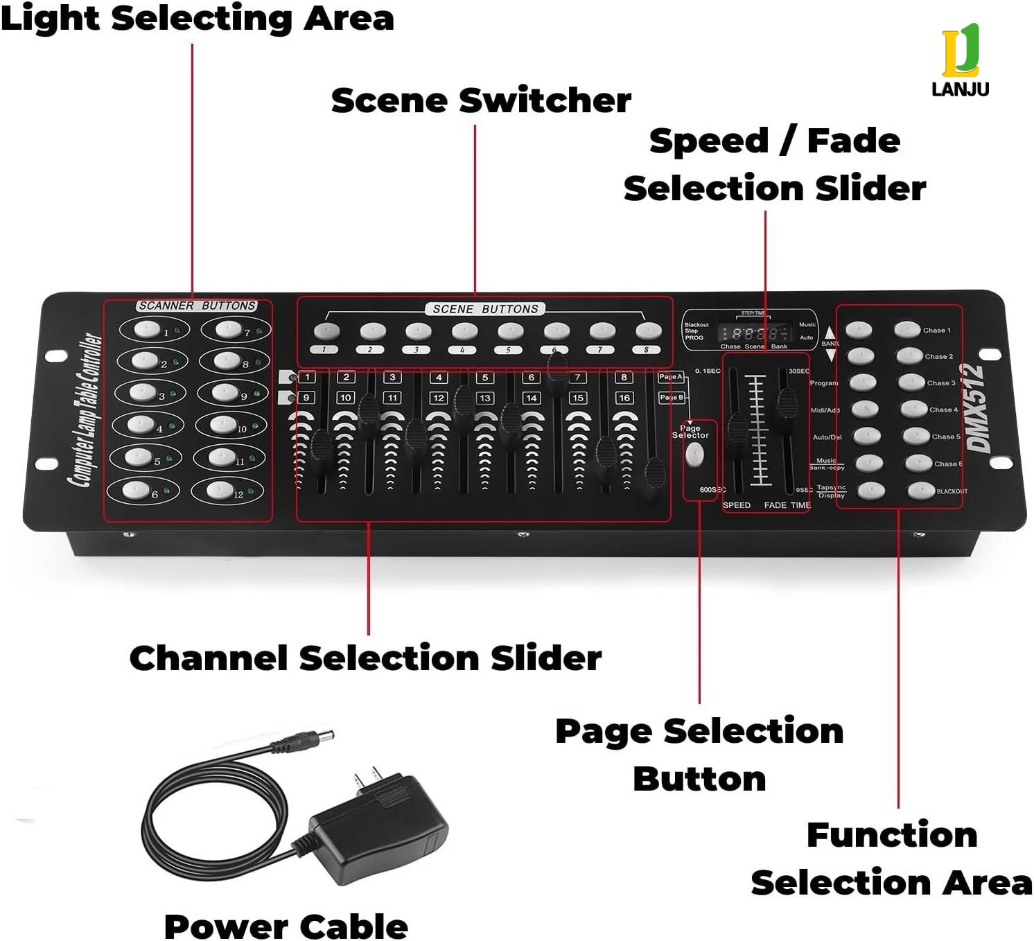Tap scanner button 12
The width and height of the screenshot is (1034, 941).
[220, 490]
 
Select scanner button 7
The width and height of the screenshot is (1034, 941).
[227, 328]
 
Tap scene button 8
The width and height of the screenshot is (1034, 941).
[648, 331]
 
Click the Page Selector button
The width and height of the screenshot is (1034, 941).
[694, 455]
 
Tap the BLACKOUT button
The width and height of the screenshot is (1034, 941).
[921, 491]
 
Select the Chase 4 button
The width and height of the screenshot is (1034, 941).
[914, 409]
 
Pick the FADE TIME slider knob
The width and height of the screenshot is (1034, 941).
[787, 403]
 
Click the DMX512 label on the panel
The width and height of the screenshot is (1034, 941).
[976, 408]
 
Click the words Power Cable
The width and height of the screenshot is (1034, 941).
[286, 926]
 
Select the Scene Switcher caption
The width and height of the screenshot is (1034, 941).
[481, 100]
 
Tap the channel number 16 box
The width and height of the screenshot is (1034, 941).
[624, 398]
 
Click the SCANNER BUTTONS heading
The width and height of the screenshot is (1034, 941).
[197, 306]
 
